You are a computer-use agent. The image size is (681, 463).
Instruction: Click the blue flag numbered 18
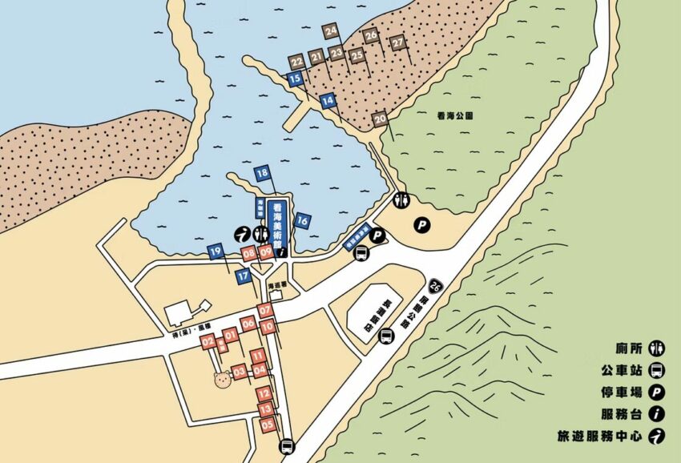pos(263,173)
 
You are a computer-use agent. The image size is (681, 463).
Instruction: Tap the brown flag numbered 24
pos(331,32)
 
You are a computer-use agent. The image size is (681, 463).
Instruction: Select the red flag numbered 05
pos(267,425)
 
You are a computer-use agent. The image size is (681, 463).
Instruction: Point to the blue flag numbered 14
pos(327,101)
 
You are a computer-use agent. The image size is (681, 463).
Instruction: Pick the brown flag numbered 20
pos(381,119)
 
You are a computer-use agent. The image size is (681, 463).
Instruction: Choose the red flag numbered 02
pos(208,343)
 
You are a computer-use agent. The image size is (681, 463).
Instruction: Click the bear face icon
pos(222,378)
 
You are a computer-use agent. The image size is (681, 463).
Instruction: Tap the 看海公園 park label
pos(457,115)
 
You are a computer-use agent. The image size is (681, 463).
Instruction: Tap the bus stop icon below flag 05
pos(286,447)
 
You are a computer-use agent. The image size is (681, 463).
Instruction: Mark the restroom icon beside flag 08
pos(260,234)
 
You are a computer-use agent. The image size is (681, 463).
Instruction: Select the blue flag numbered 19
pos(215,252)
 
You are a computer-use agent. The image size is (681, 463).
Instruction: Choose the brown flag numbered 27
pos(397,42)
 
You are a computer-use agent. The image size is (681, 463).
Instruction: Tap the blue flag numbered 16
pos(302,220)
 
